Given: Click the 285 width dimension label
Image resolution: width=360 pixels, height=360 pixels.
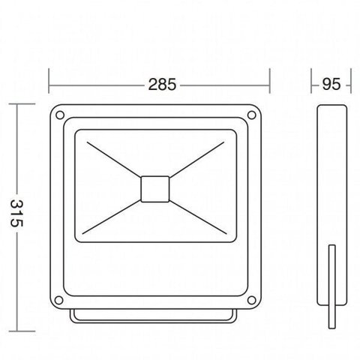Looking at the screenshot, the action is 162,85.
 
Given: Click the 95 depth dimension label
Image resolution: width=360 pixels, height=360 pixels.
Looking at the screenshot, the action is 331,84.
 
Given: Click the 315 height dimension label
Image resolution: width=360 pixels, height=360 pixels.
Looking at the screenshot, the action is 16,213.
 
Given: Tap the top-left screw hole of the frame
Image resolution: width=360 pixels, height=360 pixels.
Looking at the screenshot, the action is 60,115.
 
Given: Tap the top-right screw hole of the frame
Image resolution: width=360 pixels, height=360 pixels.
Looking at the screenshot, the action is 252,115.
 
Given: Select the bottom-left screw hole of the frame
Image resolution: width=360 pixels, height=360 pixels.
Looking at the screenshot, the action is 58,300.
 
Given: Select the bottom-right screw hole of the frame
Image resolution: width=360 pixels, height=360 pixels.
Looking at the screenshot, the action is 252,300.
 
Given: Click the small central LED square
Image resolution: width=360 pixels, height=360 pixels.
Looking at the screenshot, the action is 155,189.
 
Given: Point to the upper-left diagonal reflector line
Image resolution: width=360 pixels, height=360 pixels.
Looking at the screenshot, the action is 114,160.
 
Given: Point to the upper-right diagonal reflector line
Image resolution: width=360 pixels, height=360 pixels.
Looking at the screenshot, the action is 196,160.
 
